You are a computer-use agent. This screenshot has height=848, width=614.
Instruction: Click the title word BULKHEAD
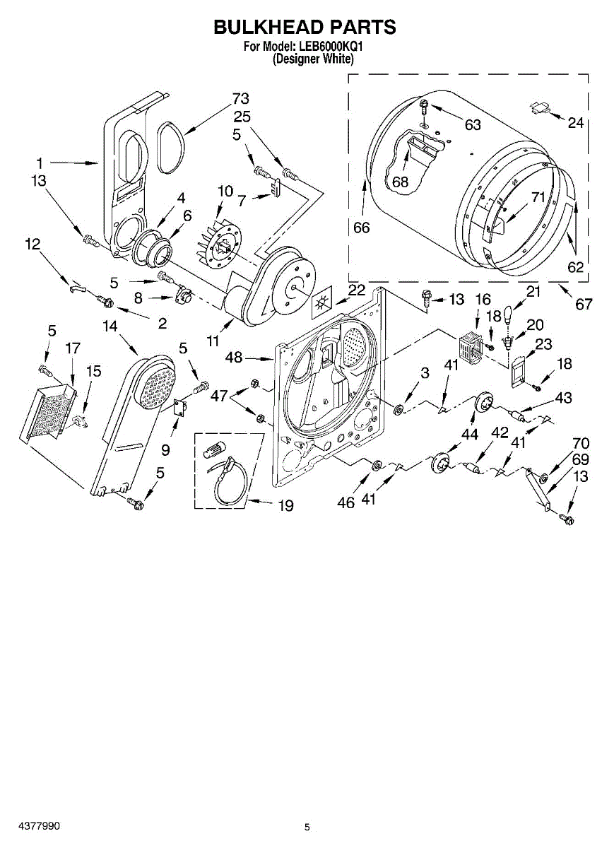[x=266, y=28]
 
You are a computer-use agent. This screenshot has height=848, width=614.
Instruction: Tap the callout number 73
[x=241, y=99]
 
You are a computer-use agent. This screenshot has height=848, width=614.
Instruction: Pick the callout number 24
[x=576, y=123]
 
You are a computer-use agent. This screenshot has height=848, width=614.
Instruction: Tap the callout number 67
[x=584, y=305]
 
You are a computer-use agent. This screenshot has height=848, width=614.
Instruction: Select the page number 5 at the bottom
[x=307, y=827]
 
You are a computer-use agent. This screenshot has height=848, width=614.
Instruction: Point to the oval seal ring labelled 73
[x=169, y=146]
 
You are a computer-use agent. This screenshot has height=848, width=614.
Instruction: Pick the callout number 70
[x=581, y=444]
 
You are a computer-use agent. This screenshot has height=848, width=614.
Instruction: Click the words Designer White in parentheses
[x=313, y=59]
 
